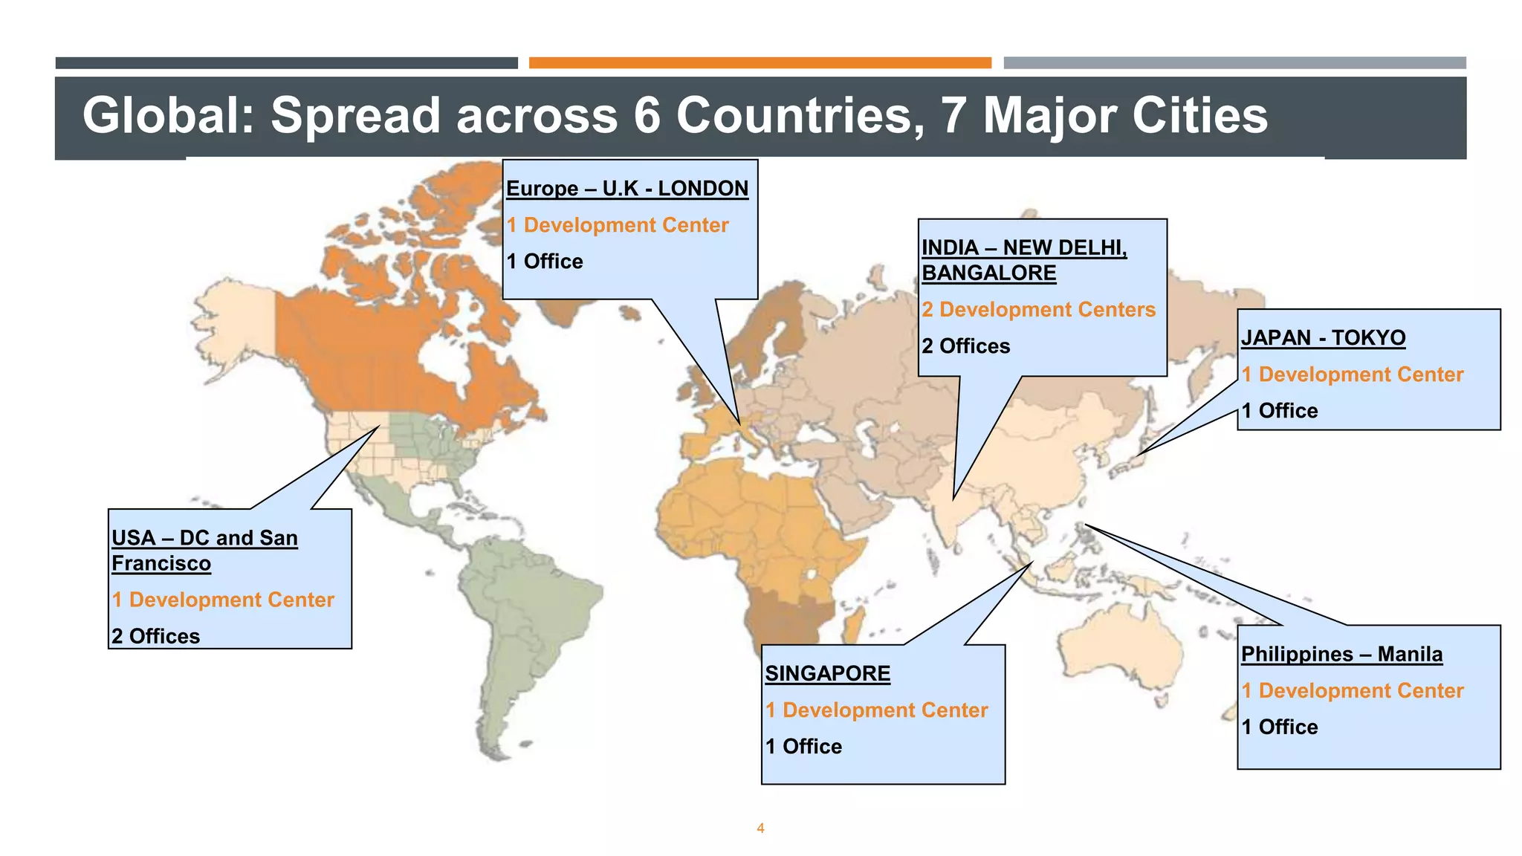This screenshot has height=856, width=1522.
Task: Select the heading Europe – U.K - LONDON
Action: tap(627, 189)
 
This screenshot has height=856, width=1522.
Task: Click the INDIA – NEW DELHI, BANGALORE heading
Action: tap(1024, 260)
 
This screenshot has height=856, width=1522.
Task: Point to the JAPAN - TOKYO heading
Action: tap(1323, 338)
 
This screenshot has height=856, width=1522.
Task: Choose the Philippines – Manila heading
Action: tap(1341, 655)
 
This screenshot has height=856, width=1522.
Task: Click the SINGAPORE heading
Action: tap(828, 674)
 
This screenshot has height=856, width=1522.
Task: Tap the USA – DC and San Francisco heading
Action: tap(204, 551)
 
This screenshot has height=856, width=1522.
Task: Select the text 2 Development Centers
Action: tap(1038, 310)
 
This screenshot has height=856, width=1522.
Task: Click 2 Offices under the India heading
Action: tap(965, 346)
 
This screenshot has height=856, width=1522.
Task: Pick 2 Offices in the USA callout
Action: tap(155, 637)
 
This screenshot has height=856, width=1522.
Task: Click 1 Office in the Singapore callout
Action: tap(803, 747)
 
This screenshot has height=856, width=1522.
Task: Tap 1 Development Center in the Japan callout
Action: tap(1352, 374)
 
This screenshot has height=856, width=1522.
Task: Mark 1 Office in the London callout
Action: tap(545, 262)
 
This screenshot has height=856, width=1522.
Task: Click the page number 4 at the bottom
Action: tap(760, 829)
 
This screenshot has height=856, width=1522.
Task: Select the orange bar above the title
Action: tap(760, 63)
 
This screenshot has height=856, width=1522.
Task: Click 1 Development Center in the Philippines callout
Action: tap(1352, 691)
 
